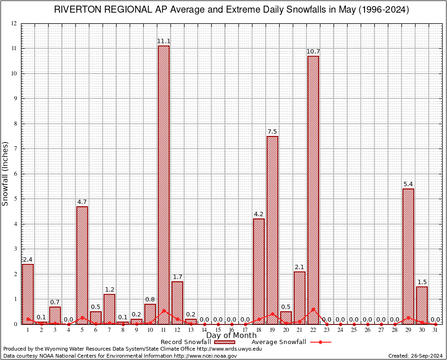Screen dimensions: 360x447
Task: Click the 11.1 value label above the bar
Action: point(164,41)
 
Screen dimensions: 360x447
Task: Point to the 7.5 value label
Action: point(272,132)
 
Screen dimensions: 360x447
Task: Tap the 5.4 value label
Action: point(408,184)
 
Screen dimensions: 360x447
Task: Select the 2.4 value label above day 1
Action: point(28,260)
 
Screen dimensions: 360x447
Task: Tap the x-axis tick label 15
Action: point(218,330)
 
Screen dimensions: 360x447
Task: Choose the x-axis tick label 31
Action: point(435,330)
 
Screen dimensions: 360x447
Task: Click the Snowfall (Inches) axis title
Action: point(6,173)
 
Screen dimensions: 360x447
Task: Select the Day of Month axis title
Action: point(231,336)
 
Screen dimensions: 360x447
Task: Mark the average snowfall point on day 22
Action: point(313,309)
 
